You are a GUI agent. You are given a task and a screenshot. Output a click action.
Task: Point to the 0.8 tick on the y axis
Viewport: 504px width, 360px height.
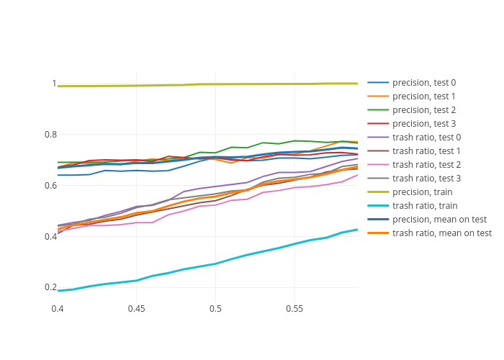click(49, 135)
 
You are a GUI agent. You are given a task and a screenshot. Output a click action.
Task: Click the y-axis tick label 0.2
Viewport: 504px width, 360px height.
click(49, 287)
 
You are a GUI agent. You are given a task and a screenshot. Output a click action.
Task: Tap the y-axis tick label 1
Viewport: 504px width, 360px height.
click(53, 84)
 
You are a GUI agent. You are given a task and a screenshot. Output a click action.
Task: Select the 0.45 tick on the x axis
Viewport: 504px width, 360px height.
click(137, 309)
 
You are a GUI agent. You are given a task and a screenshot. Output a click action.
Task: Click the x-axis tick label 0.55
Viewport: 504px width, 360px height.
click(294, 309)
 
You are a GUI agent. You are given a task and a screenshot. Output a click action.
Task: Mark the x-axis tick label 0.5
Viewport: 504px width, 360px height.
click(215, 309)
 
